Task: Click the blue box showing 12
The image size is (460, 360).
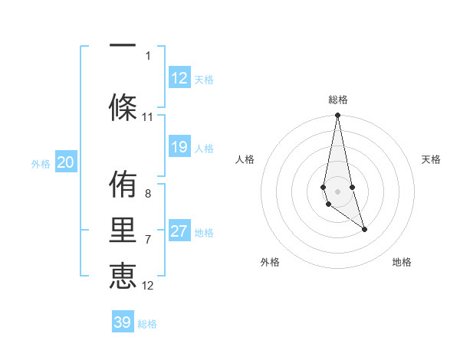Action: coord(179,78)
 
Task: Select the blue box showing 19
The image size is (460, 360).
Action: coord(179,147)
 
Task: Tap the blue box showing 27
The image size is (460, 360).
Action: coord(179,231)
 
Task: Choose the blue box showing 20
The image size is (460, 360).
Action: coord(65,162)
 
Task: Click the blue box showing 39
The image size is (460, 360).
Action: coord(123,322)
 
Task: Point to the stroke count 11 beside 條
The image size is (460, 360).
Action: coord(148,117)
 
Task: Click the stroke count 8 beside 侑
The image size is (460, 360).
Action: coord(148,194)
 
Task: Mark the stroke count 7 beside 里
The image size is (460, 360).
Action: coord(148,240)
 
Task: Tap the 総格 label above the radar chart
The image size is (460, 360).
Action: coord(337,100)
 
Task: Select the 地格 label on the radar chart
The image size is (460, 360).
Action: coord(402,263)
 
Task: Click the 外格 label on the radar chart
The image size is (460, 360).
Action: coord(270,263)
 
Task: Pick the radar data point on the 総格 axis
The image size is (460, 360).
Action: coord(337,116)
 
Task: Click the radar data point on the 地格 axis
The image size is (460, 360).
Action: coord(364,229)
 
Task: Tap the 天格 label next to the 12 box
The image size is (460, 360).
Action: coord(203,80)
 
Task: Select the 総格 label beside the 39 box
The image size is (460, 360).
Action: coord(147,324)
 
